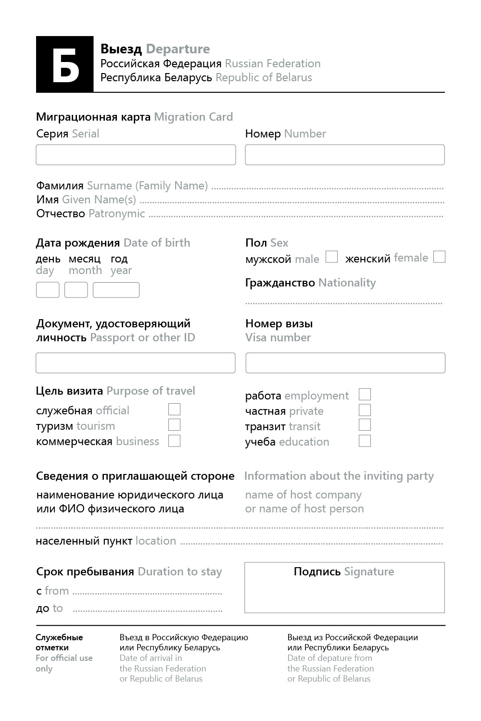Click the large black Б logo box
(65, 64)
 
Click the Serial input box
(136, 155)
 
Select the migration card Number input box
(345, 155)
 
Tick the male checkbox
(331, 257)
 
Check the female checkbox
(439, 257)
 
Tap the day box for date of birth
(48, 290)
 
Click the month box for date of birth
(76, 290)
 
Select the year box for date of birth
(116, 290)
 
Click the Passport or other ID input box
(136, 363)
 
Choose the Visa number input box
(345, 363)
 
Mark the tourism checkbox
(174, 425)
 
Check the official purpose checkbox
(174, 410)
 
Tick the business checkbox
(174, 441)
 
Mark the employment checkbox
(365, 395)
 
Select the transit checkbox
(365, 425)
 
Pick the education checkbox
(365, 441)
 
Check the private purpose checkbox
(365, 410)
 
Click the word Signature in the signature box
(369, 572)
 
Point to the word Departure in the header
(178, 49)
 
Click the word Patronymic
(117, 213)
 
